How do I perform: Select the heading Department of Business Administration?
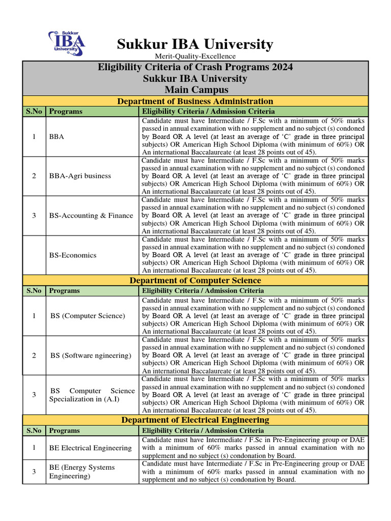[x=195, y=101]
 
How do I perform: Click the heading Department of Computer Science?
[x=195, y=280]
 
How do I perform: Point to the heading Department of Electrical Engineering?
[x=195, y=420]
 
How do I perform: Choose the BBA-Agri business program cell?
[x=80, y=176]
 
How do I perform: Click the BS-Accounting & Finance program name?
[x=91, y=216]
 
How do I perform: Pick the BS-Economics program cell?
[x=73, y=255]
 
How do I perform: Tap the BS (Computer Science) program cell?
[x=88, y=316]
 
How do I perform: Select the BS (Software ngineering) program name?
[x=91, y=355]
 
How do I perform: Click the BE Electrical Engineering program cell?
[x=90, y=448]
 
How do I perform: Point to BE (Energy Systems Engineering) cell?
[x=82, y=472]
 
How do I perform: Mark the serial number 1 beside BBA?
[x=34, y=137]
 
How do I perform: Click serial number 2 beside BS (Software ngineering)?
[x=34, y=355]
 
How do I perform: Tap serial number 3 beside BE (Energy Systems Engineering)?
[x=34, y=472]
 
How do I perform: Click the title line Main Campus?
[x=195, y=90]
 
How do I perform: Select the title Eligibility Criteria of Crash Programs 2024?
[x=195, y=67]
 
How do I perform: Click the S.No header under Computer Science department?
[x=34, y=291]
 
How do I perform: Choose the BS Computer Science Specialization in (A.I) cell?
[x=92, y=395]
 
